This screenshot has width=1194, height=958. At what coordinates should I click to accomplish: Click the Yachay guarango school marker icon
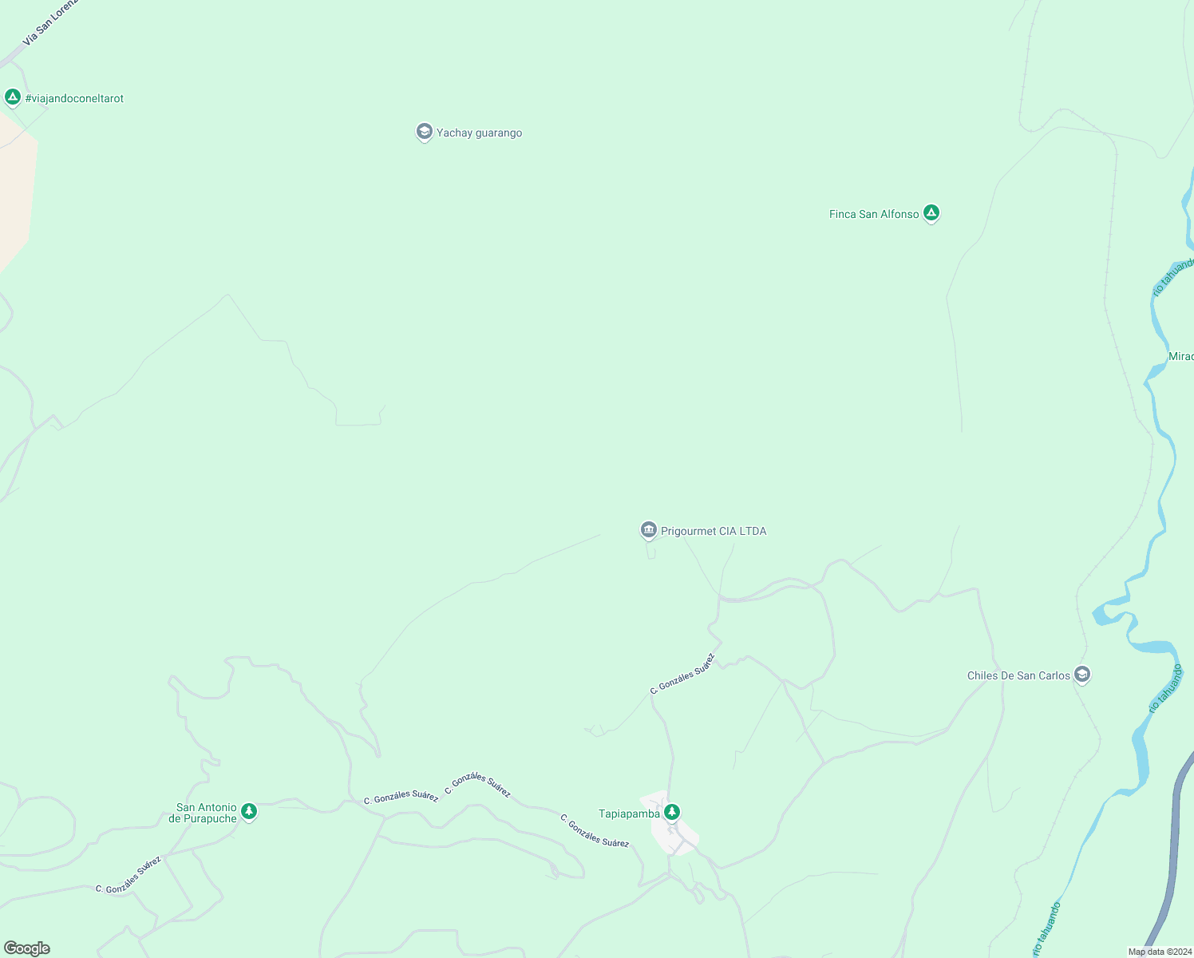click(x=425, y=132)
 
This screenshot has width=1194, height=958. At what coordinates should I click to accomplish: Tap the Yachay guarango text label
click(x=479, y=133)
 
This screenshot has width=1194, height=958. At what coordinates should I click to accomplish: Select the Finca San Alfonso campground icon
click(x=931, y=213)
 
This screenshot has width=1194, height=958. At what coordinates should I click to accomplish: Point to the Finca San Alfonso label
click(x=874, y=215)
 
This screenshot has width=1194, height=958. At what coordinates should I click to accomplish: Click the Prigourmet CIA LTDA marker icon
click(x=648, y=530)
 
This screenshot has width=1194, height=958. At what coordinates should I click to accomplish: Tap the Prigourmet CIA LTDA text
click(x=714, y=532)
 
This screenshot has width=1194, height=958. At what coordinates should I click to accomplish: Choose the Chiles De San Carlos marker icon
click(x=1082, y=675)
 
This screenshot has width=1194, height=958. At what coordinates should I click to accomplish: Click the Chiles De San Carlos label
click(x=1018, y=676)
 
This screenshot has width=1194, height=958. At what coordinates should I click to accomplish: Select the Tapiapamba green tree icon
click(x=672, y=813)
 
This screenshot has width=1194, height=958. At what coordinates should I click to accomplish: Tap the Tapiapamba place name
click(x=629, y=814)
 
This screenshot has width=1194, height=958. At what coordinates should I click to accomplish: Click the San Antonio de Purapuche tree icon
click(x=249, y=812)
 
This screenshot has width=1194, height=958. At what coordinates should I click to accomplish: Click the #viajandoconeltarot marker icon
click(x=12, y=97)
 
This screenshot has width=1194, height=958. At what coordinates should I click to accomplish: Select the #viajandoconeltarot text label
click(x=74, y=99)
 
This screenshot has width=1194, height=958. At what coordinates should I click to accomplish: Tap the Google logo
click(x=27, y=948)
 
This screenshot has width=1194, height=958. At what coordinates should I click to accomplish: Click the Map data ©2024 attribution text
click(x=1159, y=952)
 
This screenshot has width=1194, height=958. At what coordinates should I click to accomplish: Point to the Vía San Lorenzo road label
click(x=50, y=22)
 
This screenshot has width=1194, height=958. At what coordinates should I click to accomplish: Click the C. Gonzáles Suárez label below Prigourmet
click(x=682, y=675)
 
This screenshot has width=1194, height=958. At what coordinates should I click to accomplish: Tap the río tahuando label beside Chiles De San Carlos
click(x=1165, y=688)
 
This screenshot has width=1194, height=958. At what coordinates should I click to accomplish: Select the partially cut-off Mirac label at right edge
click(x=1180, y=357)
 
